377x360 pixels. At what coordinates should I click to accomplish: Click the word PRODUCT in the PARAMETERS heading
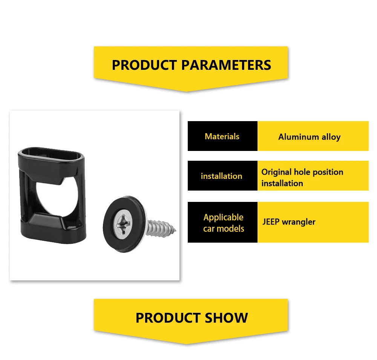tap(144, 65)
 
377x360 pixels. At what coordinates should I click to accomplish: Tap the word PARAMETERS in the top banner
tap(226, 65)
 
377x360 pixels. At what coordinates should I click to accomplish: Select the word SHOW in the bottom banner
tap(226, 318)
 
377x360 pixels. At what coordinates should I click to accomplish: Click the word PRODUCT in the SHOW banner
tap(168, 318)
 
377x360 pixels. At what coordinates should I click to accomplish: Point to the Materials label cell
tap(222, 136)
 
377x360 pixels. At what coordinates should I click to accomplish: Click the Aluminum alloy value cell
tap(313, 136)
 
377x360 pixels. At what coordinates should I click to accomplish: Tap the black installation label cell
tap(222, 176)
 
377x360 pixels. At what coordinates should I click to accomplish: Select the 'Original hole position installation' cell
tap(313, 176)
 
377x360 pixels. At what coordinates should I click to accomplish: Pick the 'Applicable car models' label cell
tap(222, 222)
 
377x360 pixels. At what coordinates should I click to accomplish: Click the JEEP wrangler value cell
tap(313, 222)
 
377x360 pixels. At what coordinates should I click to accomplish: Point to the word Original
tap(276, 172)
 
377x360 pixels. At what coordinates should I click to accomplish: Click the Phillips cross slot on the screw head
tap(123, 224)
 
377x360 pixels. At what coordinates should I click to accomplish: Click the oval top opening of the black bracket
tap(51, 154)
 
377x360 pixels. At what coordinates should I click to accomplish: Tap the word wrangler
tap(298, 222)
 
